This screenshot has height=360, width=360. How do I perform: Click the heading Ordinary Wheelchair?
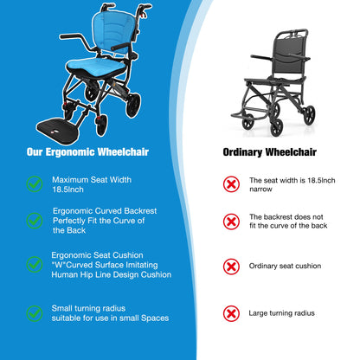point(270,151)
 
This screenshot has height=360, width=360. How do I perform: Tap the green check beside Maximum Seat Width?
point(34,183)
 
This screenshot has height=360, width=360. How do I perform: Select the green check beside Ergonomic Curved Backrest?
point(34,222)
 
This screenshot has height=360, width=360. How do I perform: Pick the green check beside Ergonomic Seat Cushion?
point(34,263)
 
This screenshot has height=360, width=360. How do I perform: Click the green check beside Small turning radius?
point(34,312)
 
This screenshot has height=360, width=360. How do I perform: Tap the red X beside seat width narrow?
point(231,183)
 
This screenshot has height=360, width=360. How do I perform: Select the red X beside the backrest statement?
point(231,222)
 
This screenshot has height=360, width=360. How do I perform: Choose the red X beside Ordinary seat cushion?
point(231,266)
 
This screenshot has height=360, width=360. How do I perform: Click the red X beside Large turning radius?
point(231,312)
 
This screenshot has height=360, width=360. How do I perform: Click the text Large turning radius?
point(281,312)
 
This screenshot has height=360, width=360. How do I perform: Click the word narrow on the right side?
point(261,189)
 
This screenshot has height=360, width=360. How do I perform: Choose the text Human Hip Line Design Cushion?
point(109,274)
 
